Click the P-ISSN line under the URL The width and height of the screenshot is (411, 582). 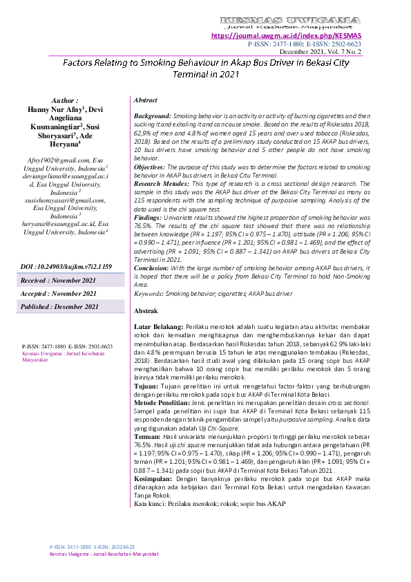coord(304,44)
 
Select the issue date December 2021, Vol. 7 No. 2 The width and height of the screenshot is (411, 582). coord(320,51)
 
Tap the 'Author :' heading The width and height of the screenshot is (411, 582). coord(65,101)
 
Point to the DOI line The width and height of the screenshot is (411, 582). coord(65,265)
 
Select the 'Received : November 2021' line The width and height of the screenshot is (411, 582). coord(58,281)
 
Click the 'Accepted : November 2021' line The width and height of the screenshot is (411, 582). coord(58,294)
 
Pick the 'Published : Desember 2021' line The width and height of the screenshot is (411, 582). coord(59,307)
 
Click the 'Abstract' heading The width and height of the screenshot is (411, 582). coord(145,100)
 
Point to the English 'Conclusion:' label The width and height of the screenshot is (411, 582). coord(152,267)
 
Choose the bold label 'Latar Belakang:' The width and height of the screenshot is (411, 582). coord(157,326)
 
